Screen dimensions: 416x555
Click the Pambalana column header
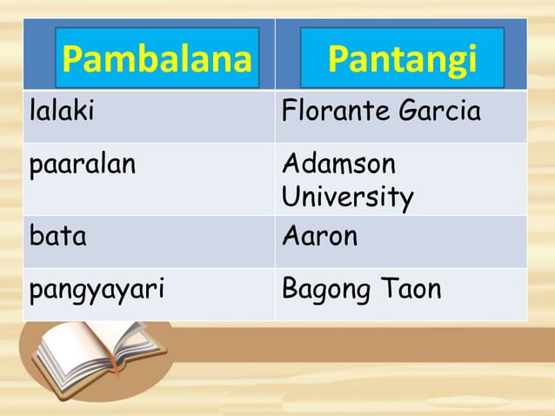coord(157,60)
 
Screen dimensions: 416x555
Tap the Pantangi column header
coord(402,60)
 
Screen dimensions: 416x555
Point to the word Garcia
coord(439,111)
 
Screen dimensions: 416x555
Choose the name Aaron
coord(319,236)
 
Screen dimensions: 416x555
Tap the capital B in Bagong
coord(290,288)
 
